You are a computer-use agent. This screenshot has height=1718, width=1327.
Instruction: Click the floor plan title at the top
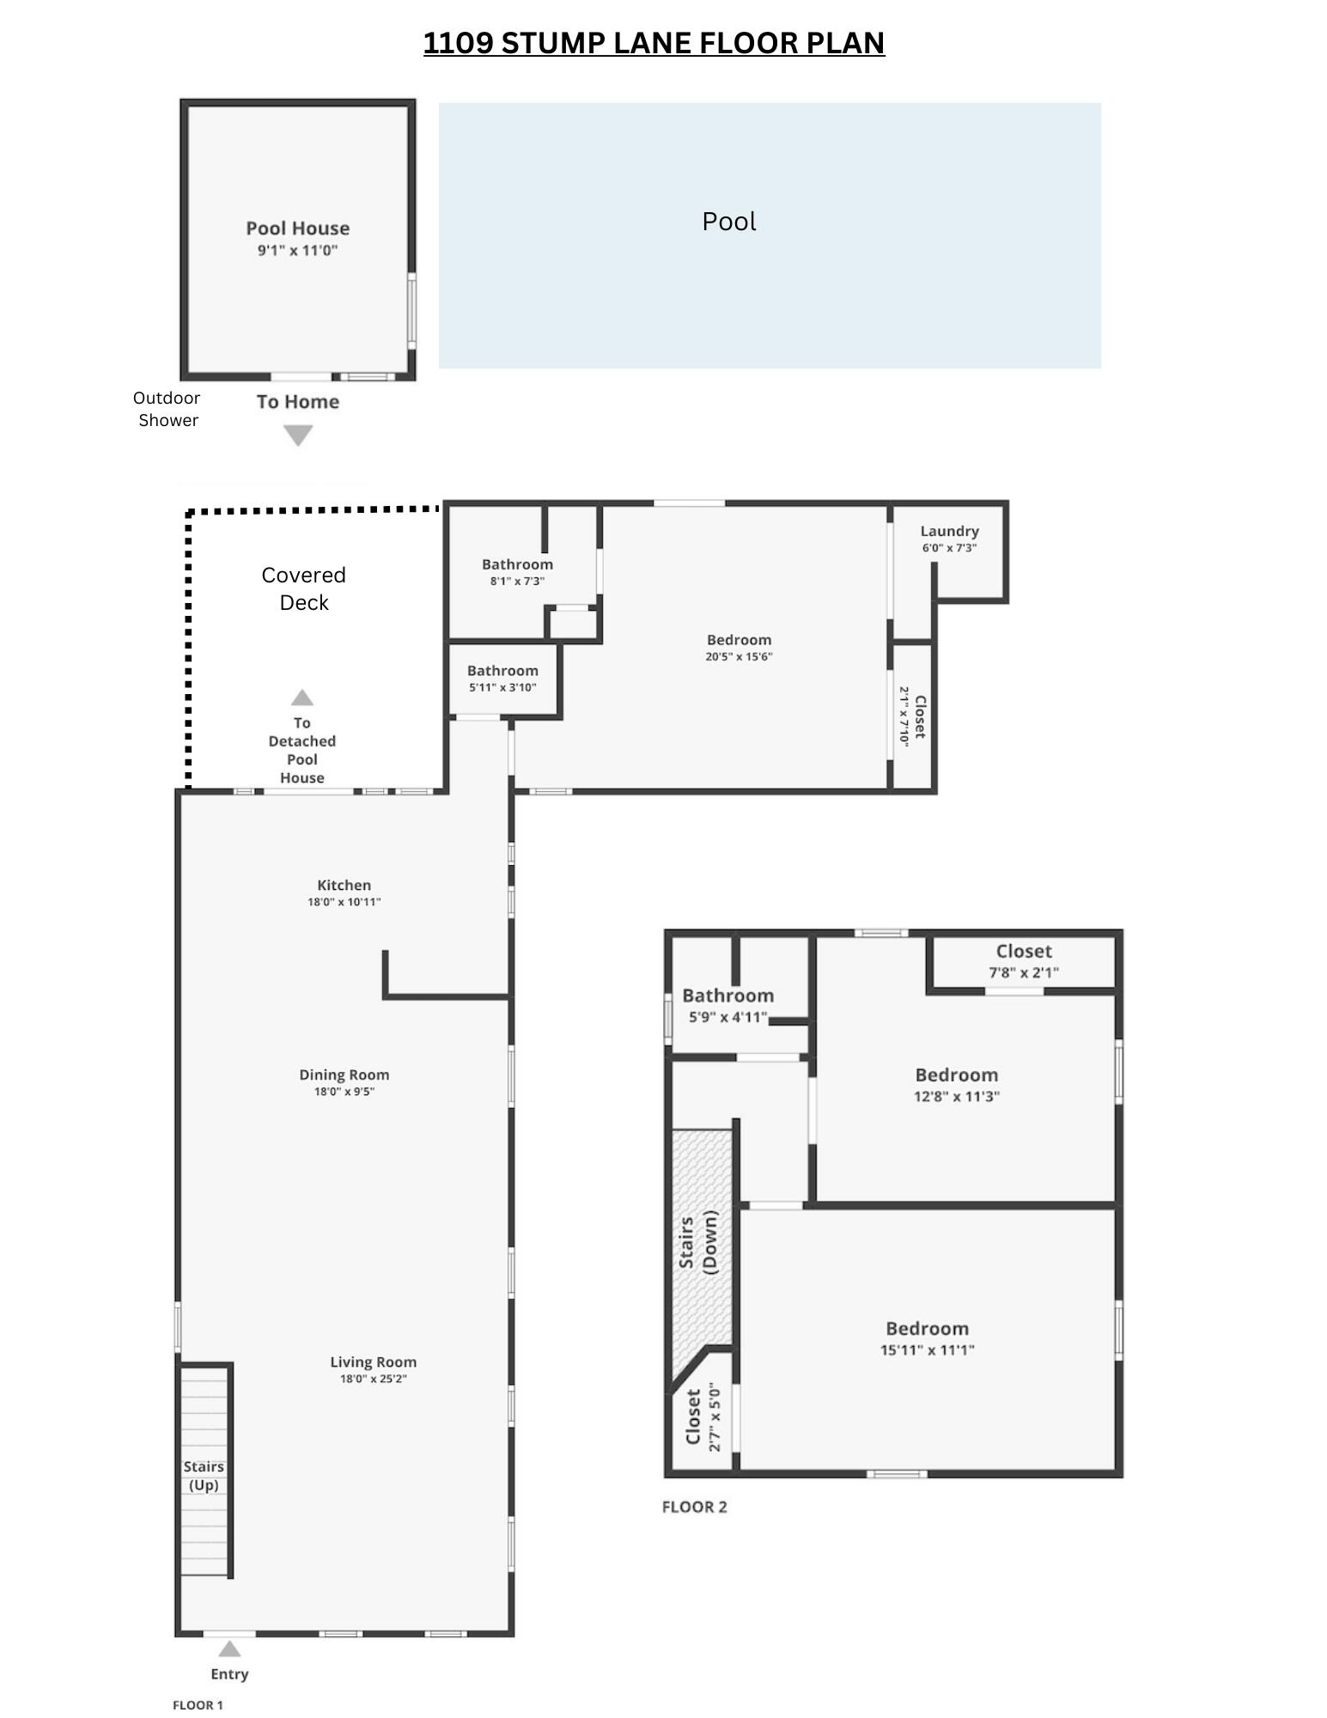[654, 43]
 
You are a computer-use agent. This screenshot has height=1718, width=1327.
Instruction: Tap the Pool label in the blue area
[728, 222]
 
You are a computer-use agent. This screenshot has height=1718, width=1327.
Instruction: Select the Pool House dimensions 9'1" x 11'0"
[297, 251]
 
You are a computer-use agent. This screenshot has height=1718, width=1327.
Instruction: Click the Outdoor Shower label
[167, 409]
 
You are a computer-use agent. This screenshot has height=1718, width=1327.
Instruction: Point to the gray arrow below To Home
[298, 436]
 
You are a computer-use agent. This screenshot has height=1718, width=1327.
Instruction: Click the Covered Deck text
[303, 588]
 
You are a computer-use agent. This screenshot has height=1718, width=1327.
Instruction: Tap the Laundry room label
[949, 532]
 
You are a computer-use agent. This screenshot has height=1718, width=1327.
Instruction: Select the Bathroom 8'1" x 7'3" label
[517, 565]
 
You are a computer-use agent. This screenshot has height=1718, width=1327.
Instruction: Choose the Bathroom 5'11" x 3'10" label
[502, 671]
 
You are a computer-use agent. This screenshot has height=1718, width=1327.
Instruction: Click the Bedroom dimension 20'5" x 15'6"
[739, 657]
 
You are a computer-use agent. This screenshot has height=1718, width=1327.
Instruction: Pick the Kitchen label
[344, 886]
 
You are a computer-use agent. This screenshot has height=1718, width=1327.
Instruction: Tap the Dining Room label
[344, 1075]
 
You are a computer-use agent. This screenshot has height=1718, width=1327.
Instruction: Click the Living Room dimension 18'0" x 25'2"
[373, 1380]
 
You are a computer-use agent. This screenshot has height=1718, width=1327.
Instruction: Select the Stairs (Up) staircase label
[204, 1476]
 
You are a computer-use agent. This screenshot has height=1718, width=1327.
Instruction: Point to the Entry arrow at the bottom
[229, 1649]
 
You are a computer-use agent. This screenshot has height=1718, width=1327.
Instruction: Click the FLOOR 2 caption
[694, 1508]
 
